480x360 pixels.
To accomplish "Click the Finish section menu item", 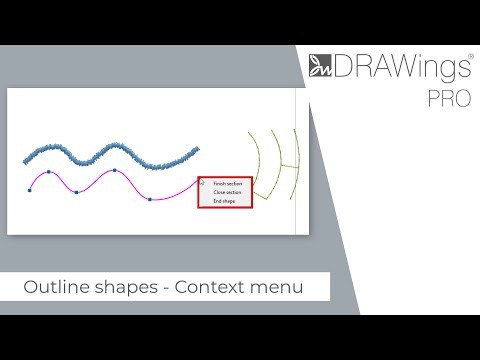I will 227,184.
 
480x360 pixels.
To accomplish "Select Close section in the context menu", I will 227,193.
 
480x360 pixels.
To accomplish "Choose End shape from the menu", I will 224,202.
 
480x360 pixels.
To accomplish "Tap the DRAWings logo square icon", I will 320,68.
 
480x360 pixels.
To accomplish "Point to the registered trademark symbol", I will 469,57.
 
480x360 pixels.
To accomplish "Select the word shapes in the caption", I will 125,288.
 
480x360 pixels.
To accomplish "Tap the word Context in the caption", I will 209,288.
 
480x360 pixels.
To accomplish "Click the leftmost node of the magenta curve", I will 30,187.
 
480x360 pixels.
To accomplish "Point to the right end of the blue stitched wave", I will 196,153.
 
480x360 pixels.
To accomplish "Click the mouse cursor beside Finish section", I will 203,183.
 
